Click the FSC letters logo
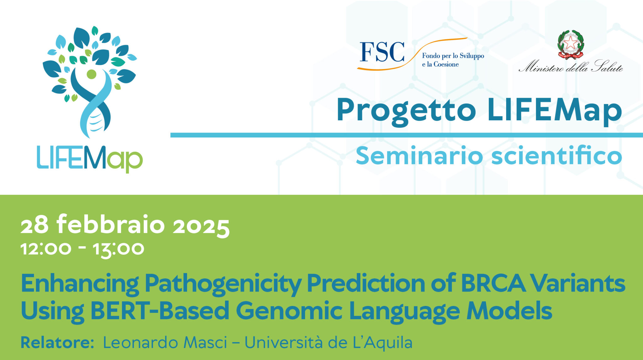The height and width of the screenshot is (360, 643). click(x=382, y=52)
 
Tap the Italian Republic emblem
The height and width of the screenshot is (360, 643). click(x=570, y=44)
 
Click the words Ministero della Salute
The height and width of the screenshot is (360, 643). click(x=571, y=66)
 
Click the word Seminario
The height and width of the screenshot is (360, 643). click(x=419, y=155)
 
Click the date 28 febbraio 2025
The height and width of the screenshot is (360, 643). click(x=125, y=225)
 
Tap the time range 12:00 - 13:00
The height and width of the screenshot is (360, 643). click(x=82, y=249)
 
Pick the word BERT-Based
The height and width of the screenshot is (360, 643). click(x=160, y=311)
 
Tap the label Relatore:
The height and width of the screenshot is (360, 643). click(x=57, y=342)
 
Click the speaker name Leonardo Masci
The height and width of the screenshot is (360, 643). click(x=165, y=342)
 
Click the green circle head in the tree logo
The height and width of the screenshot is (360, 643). click(x=91, y=74)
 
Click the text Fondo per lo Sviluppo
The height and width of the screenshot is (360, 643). click(x=453, y=56)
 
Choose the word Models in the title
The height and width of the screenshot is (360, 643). click(x=509, y=311)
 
